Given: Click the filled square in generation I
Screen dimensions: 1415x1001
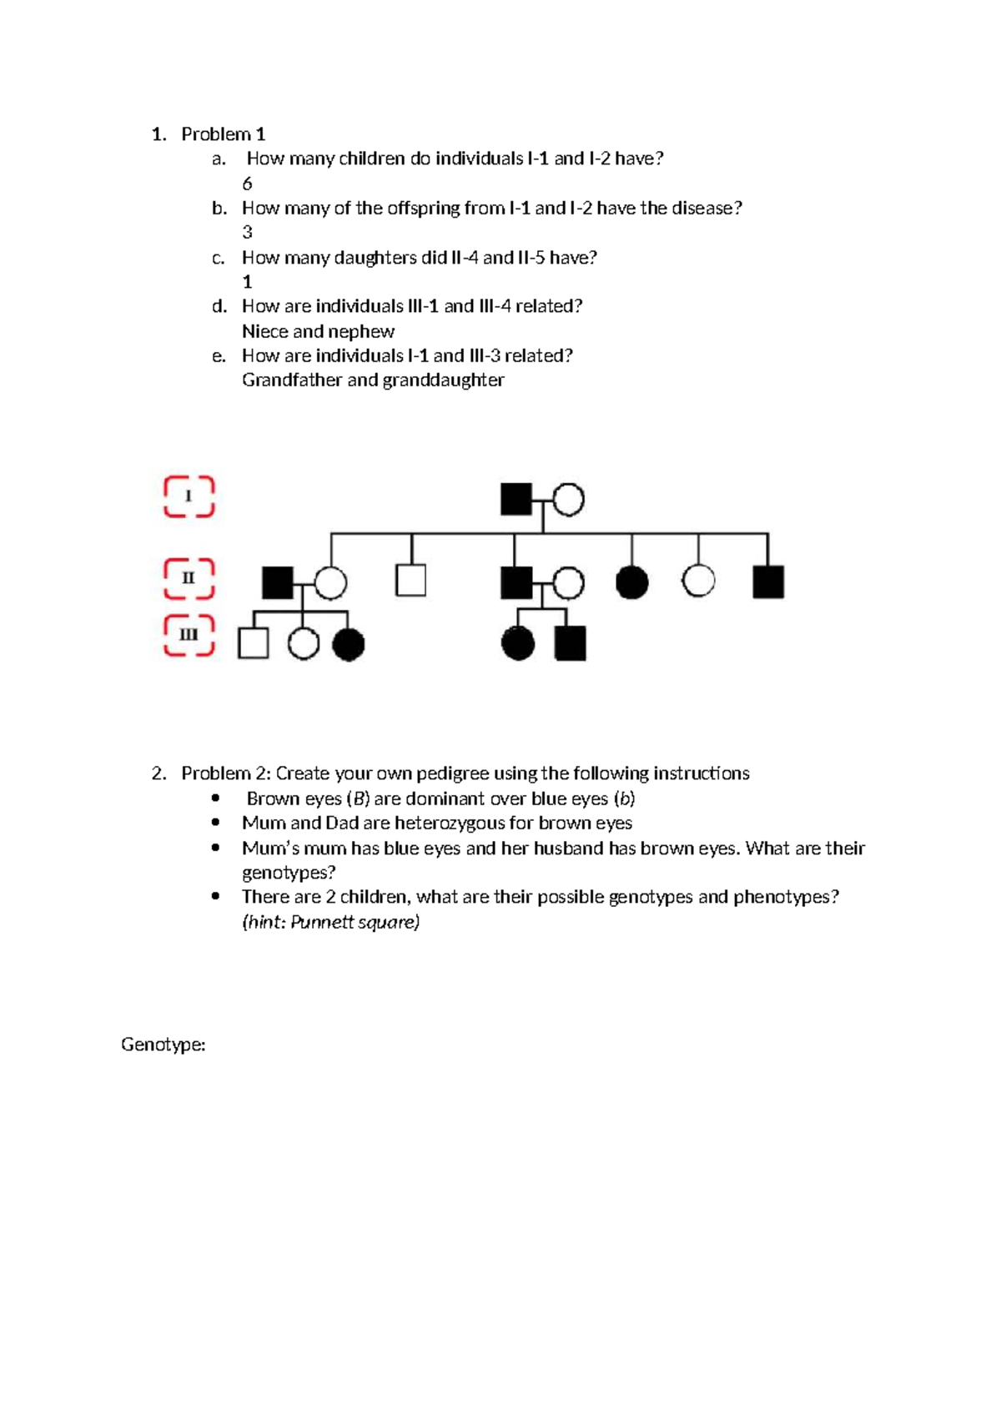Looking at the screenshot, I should pyautogui.click(x=516, y=500).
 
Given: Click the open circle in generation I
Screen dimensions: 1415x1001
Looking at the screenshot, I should pyautogui.click(x=568, y=500).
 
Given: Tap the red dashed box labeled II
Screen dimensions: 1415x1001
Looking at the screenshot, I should pyautogui.click(x=189, y=578).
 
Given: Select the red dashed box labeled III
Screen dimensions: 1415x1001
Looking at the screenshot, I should pyautogui.click(x=189, y=635).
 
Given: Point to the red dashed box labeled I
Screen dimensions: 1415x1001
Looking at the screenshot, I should pyautogui.click(x=189, y=497).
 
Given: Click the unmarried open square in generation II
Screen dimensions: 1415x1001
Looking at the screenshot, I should pyautogui.click(x=410, y=581).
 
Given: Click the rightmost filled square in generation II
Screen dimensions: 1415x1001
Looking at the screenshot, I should pyautogui.click(x=768, y=582).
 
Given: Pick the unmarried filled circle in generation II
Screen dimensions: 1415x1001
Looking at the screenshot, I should pyautogui.click(x=631, y=582).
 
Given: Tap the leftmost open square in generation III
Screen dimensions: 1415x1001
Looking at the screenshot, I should pyautogui.click(x=254, y=643).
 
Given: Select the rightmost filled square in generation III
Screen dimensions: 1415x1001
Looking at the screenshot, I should pyautogui.click(x=571, y=644).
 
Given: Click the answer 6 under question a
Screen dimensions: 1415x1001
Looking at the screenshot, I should pyautogui.click(x=247, y=184).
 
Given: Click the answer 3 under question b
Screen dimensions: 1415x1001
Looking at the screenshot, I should pyautogui.click(x=247, y=233).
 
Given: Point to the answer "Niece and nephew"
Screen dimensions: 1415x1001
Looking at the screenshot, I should pyautogui.click(x=318, y=331).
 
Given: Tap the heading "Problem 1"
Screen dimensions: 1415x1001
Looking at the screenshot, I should pyautogui.click(x=223, y=134).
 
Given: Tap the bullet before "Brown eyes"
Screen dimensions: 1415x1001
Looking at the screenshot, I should pyautogui.click(x=216, y=798).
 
